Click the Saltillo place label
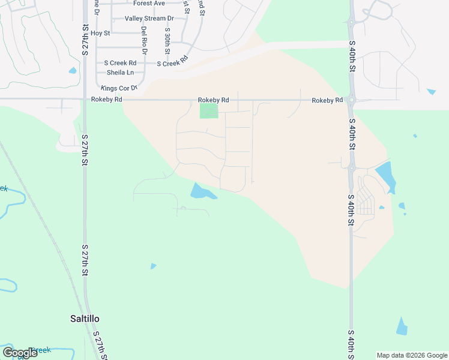pos(84,319)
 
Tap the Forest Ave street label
pos(149,4)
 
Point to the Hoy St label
pos(101,33)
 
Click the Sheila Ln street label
pos(120,73)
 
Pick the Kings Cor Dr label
pos(119,88)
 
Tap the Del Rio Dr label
pos(143,38)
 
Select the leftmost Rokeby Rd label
pos(107,100)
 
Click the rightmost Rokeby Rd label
pos(327,100)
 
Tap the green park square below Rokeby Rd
pos(208,111)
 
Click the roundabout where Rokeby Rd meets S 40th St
pos(351,100)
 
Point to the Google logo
pos(20,353)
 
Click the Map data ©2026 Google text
pos(412,355)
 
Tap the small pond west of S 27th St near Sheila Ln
pos(73,70)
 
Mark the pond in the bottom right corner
pos(402,326)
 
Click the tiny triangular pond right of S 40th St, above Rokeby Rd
pos(431,92)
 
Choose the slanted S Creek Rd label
pos(173,62)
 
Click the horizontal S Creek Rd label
pos(120,62)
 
